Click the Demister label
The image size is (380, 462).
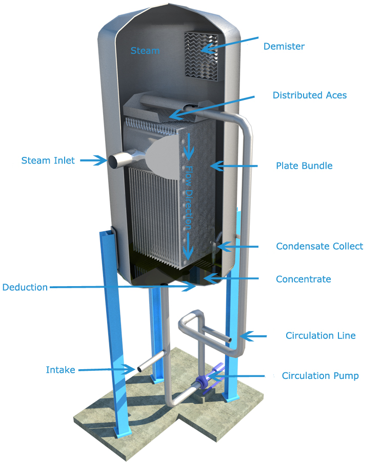(x=284, y=47)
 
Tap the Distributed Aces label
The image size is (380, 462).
(x=309, y=95)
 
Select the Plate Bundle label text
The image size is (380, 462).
(x=304, y=166)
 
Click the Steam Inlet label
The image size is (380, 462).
(x=48, y=160)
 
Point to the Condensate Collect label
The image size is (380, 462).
(x=319, y=246)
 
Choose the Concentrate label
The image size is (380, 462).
(x=303, y=279)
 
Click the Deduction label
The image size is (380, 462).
(x=25, y=287)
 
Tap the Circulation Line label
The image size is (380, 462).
(x=320, y=336)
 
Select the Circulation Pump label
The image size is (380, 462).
(x=320, y=376)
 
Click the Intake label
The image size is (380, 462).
(x=61, y=370)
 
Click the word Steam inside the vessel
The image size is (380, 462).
(x=145, y=51)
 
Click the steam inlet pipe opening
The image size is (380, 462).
(x=113, y=160)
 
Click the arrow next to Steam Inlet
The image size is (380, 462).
(x=93, y=160)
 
